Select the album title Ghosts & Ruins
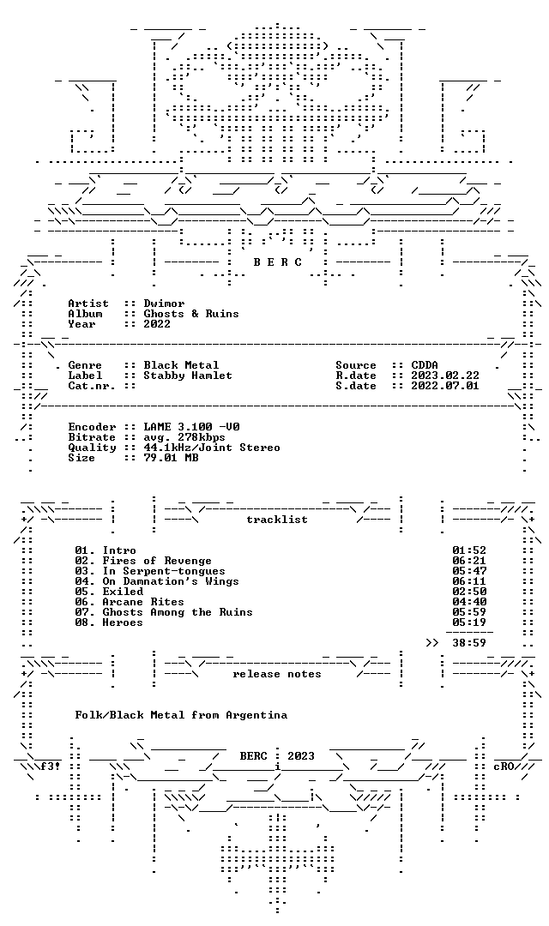point(191,314)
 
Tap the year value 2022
point(157,323)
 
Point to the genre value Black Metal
point(181,365)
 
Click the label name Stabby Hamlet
point(188,376)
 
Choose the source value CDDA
point(425,365)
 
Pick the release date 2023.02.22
point(445,376)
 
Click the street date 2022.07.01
point(445,386)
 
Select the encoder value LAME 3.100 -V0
point(191,427)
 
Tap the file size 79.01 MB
point(171,458)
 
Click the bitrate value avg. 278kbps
point(184,437)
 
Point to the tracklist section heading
point(277,520)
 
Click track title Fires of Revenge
point(157,561)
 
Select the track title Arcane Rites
point(143,602)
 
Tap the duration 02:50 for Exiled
point(469,592)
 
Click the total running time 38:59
point(469,643)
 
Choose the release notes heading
point(277,675)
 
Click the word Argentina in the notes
point(256,715)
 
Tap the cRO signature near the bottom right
point(504,767)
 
